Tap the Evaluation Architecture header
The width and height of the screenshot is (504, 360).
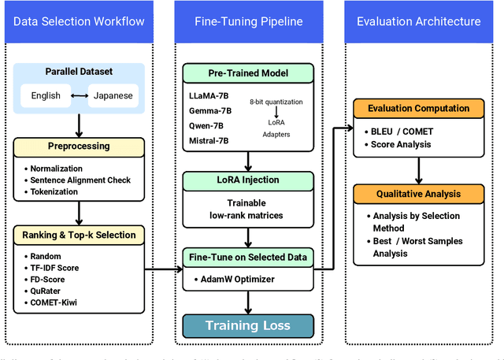click(x=418, y=21)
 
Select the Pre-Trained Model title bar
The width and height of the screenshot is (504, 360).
click(x=247, y=74)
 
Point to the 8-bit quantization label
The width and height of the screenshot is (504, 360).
click(x=276, y=102)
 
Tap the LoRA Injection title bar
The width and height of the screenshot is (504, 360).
click(x=247, y=181)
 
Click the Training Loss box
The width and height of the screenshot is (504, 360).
click(x=247, y=325)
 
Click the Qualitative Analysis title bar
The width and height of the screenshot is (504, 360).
click(x=415, y=193)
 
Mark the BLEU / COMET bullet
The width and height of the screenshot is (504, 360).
click(x=402, y=132)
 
